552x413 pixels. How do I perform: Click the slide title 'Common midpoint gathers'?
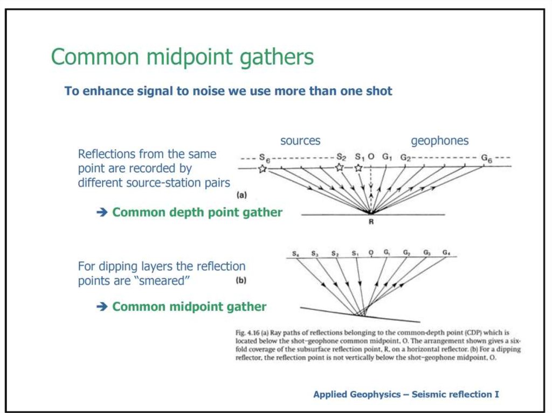(182, 57)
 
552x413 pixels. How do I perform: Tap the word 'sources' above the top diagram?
(300, 141)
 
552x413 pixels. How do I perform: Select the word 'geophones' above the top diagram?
(440, 141)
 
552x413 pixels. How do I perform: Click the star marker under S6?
(263, 169)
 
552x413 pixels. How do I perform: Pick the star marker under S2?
(340, 167)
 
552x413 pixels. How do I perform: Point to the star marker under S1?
(358, 168)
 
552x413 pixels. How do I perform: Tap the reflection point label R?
(371, 222)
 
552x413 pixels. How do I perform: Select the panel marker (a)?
(242, 195)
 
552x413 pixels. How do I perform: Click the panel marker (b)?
(241, 281)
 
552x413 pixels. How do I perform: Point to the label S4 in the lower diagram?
(296, 253)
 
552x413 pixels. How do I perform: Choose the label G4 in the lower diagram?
(446, 253)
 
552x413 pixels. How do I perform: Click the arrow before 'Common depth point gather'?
(102, 212)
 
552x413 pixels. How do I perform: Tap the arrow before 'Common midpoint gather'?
(102, 306)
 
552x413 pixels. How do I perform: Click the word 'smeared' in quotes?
(162, 281)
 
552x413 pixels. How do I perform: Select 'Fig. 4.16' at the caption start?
(247, 333)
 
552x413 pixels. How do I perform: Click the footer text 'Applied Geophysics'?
(357, 395)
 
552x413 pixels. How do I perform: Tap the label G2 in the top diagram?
(405, 158)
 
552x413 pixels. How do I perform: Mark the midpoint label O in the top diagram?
(371, 157)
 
